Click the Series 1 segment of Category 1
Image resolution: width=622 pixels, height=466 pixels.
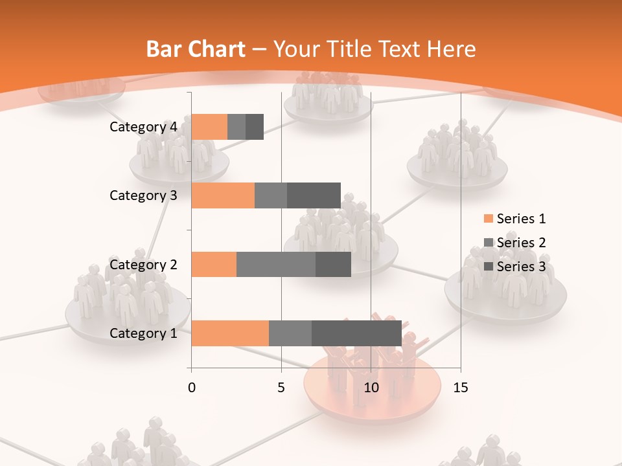tap(230, 333)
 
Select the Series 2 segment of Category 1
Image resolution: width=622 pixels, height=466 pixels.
tap(290, 333)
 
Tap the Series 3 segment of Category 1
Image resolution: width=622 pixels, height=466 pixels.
tap(356, 333)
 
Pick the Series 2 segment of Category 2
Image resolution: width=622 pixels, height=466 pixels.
tap(276, 264)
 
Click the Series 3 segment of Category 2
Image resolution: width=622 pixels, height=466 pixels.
tap(333, 264)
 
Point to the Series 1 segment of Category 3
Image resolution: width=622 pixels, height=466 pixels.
tap(223, 195)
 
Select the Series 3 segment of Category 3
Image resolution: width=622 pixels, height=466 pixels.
tap(314, 195)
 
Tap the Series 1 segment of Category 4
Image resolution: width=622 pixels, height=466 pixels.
tap(209, 127)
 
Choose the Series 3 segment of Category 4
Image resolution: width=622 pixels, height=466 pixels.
tap(255, 127)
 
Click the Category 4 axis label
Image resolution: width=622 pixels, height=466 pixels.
tap(143, 127)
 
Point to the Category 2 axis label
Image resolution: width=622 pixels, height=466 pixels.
tap(143, 264)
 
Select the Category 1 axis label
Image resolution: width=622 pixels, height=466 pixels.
tap(143, 333)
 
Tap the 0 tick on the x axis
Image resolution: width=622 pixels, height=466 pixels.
tap(192, 388)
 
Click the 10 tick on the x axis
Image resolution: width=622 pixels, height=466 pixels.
tap(371, 388)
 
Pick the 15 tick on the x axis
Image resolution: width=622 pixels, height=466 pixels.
tap(461, 388)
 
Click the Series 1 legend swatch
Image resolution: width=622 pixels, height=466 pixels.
tap(488, 219)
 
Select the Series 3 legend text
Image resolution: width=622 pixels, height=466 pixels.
tap(521, 266)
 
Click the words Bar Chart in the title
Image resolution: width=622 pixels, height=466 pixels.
tap(196, 49)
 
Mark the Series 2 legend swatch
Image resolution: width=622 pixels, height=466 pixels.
tap(488, 243)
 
